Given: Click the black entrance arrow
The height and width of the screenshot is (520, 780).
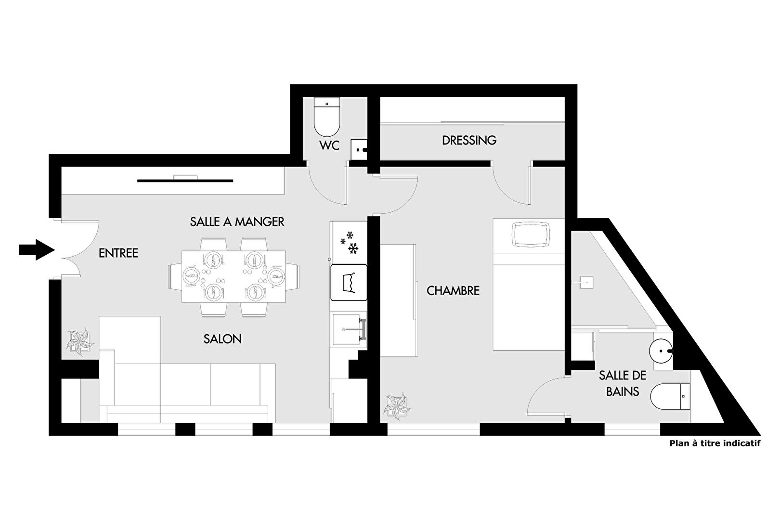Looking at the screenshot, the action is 37,250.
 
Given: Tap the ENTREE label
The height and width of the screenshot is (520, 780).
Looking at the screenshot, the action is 118,253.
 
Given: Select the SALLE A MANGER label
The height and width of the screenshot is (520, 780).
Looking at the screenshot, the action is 237,221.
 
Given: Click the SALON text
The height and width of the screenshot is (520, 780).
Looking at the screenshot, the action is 222,339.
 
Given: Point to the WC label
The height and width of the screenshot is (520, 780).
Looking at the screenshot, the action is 329,145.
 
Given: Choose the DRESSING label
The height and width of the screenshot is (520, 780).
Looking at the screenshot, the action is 469,141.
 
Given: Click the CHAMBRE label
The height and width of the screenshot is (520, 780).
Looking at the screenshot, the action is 453,291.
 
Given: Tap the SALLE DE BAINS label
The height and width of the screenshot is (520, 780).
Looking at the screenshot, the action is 623,383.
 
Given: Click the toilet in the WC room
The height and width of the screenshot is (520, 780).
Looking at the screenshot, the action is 326,117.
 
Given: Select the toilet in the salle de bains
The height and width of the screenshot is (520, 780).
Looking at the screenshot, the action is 670,396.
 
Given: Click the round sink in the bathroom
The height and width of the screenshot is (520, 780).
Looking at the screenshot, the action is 661,351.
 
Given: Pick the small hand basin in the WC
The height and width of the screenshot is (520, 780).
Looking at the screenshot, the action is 359,150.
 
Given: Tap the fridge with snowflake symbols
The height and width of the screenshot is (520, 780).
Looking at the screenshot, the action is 349,242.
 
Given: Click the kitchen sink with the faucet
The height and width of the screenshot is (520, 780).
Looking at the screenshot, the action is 349,329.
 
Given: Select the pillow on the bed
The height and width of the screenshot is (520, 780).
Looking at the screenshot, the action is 531,235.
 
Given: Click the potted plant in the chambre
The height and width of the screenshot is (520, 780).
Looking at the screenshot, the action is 397,406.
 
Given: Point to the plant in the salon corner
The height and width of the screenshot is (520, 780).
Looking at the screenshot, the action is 80,341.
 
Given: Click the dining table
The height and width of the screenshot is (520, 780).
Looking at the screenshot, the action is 234,276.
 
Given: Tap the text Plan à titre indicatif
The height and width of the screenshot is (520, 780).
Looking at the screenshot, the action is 715,443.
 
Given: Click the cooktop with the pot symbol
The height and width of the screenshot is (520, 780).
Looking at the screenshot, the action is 349,283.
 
